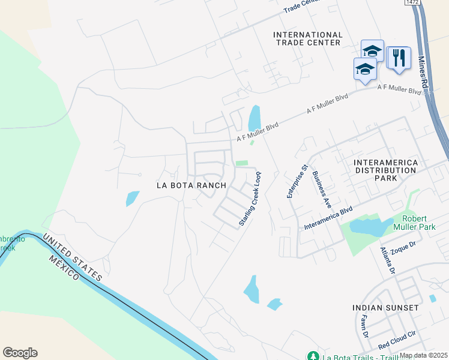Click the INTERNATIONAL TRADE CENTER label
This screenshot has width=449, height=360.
pos(307,38)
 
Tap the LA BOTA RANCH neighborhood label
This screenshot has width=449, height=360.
pos(191,185)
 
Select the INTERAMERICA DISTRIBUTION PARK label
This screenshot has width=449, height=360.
pos(384,170)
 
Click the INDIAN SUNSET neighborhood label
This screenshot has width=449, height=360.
pos(385,307)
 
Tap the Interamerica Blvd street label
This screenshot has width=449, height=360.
pos(328,218)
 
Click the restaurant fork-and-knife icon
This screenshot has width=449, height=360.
pos(399,58)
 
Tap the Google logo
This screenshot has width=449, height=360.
pos(20,353)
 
